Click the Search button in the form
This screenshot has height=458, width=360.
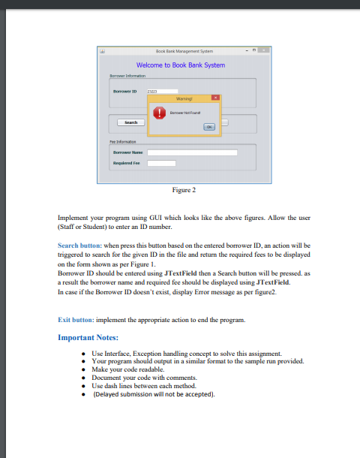click(130, 122)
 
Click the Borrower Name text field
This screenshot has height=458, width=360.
click(192, 152)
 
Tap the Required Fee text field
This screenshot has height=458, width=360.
click(161, 162)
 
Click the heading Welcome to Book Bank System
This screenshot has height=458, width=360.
click(180, 65)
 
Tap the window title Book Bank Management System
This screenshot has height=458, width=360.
click(180, 51)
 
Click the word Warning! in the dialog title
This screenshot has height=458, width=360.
click(183, 98)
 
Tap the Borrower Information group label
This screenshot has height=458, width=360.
click(123, 76)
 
